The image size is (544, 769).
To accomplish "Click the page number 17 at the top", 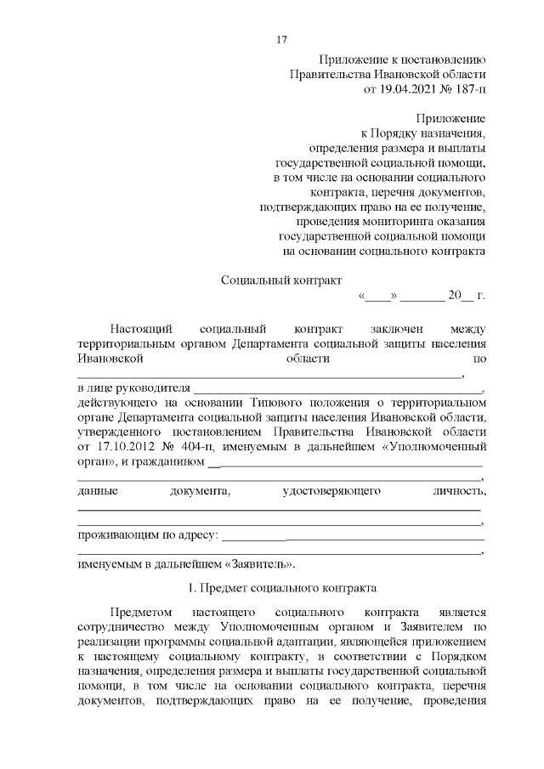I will (x=282, y=41).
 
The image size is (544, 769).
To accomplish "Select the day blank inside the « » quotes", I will (x=378, y=296).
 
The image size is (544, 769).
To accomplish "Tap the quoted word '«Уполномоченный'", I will (x=433, y=447).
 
